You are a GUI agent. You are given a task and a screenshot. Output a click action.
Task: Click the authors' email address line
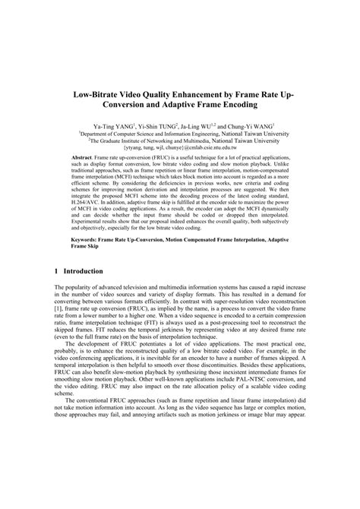click(x=180, y=147)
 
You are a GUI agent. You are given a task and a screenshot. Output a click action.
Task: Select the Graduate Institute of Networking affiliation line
click(x=180, y=140)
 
